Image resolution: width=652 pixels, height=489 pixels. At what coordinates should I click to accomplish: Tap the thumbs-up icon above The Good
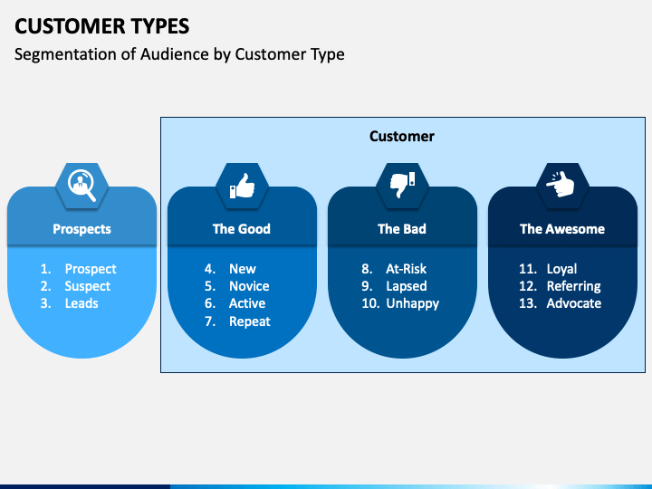[242, 186]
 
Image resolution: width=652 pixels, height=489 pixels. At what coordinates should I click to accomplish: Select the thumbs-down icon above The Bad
[401, 186]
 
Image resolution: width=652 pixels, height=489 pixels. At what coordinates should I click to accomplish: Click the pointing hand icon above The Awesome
[561, 186]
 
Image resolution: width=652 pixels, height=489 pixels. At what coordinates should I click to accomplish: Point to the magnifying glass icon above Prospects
[81, 186]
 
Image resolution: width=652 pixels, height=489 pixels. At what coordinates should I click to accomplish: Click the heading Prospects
[81, 229]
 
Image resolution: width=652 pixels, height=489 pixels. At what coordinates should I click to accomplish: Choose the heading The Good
[242, 229]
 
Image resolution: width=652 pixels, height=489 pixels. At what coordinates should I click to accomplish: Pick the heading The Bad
[401, 229]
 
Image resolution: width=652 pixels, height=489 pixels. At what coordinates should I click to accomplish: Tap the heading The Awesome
[561, 229]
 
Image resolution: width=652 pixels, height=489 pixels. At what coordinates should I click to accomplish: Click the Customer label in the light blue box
[401, 137]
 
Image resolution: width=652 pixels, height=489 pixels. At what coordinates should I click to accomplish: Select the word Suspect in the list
[87, 286]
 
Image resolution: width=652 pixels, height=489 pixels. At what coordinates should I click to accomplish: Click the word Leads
[81, 303]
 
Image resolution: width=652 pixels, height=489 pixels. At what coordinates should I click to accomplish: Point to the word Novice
[249, 286]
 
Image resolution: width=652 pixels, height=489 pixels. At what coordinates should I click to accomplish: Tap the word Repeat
[249, 321]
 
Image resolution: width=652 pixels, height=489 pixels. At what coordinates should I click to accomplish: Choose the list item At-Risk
[406, 269]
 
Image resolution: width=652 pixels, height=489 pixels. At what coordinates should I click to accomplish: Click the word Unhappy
[412, 303]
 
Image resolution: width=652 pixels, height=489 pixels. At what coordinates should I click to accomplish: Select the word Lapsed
[407, 286]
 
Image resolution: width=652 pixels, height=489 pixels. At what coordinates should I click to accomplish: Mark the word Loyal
[561, 269]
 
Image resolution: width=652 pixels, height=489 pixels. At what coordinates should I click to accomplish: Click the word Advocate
[573, 303]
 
